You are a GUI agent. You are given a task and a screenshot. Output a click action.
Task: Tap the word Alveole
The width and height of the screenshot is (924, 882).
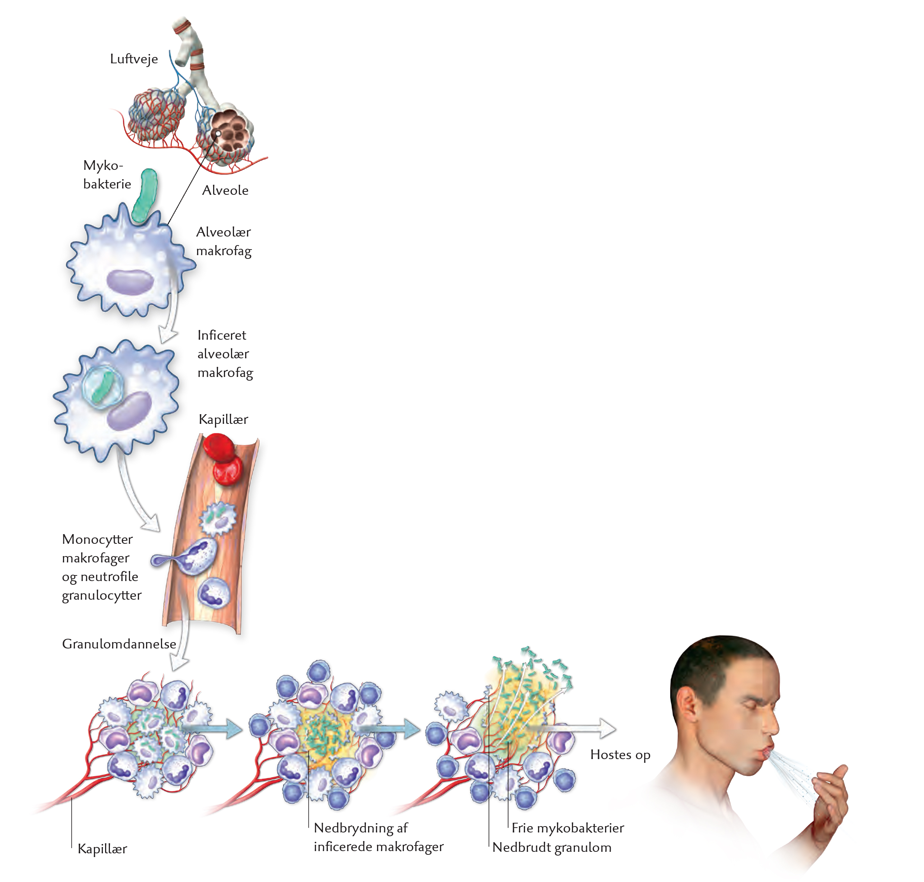[x=225, y=190]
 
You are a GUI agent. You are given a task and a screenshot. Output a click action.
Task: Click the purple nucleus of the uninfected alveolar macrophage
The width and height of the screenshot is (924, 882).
[x=130, y=281]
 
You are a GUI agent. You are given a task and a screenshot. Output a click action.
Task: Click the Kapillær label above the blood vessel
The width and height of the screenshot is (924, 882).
[x=223, y=419]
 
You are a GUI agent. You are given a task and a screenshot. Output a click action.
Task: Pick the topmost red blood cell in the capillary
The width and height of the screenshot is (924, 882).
[x=219, y=448]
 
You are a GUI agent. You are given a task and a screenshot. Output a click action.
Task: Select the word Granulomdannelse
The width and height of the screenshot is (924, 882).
[x=119, y=644]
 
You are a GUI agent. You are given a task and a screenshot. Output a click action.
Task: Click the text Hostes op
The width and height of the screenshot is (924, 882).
[x=620, y=755]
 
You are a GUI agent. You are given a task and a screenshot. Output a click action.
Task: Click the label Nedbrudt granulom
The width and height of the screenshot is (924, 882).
[x=551, y=847]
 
